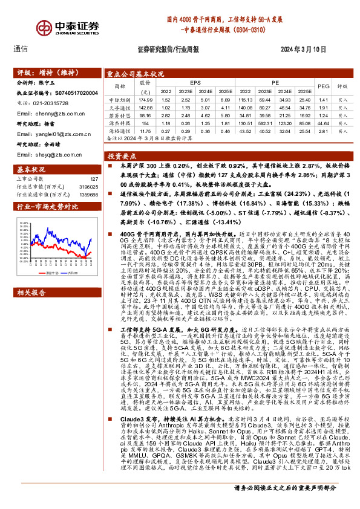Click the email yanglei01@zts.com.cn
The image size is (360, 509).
[x=49, y=135]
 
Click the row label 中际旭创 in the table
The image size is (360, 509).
[x=119, y=99]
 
